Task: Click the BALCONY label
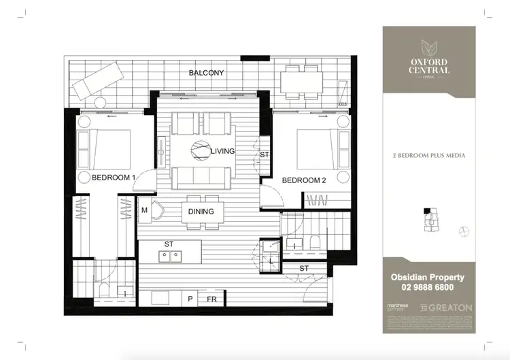tap(206, 72)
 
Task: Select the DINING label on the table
tap(201, 212)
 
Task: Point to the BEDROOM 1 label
tap(114, 178)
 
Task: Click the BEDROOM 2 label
tap(305, 180)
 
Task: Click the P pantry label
tap(190, 299)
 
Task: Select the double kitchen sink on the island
tap(168, 257)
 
